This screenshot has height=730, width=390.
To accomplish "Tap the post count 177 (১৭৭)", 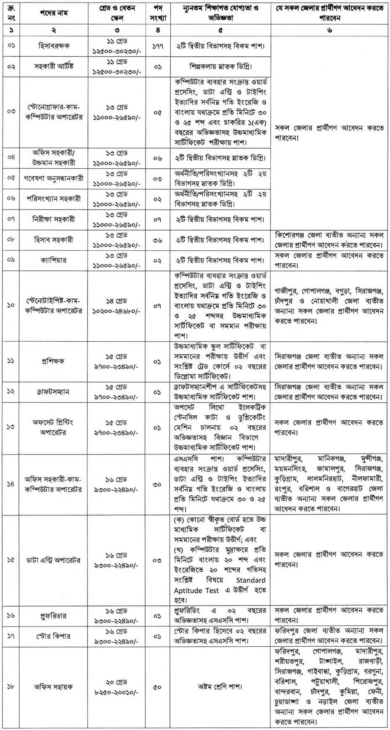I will [x=157, y=46].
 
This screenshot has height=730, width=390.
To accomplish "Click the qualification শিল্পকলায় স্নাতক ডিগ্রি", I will [x=221, y=66].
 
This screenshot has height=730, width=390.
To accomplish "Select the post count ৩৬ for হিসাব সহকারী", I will [x=157, y=240].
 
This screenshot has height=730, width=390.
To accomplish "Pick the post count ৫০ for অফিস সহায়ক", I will [x=157, y=687].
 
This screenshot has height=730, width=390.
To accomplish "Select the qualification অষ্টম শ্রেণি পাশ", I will [x=221, y=687].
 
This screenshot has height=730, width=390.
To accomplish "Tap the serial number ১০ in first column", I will [x=11, y=305].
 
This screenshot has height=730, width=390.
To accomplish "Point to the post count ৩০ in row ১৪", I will [x=157, y=484].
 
